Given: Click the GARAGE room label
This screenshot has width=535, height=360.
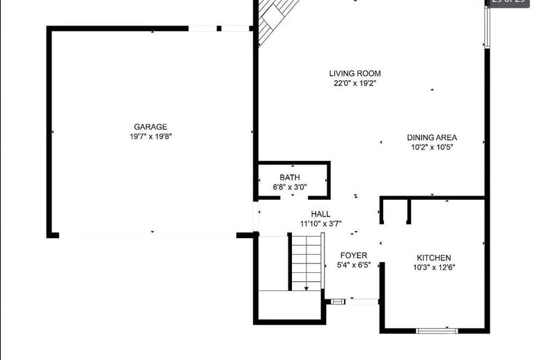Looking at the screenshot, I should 150,127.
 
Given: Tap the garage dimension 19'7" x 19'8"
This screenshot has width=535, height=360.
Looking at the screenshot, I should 150,136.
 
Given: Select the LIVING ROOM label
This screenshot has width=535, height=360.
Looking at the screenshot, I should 355,73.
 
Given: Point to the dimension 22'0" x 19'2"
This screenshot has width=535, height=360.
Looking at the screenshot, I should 355,83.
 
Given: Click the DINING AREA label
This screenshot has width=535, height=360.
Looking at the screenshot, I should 432,137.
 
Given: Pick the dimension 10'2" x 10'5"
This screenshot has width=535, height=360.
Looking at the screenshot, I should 432,147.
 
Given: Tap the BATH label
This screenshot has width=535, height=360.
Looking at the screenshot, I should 290,178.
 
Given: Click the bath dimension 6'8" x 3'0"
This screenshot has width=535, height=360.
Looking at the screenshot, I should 290,187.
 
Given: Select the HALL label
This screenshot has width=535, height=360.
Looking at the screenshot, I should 320,214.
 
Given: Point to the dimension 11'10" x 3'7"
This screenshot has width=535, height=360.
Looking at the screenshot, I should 320,224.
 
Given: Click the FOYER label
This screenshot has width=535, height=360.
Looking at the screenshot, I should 354,256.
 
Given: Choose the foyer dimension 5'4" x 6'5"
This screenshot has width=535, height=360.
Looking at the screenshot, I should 354,265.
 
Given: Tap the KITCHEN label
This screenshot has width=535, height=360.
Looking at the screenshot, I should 434,258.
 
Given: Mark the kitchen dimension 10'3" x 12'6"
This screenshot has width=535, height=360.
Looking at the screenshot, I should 434,267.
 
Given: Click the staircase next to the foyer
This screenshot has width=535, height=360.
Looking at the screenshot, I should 307,263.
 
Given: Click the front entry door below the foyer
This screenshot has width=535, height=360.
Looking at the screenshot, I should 362,301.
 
